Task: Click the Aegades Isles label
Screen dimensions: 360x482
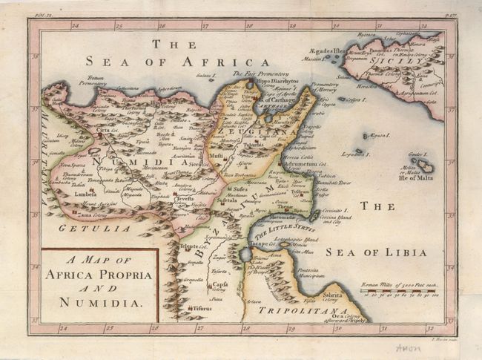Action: [x=329, y=51]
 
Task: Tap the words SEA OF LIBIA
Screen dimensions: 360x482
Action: [x=392, y=252]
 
